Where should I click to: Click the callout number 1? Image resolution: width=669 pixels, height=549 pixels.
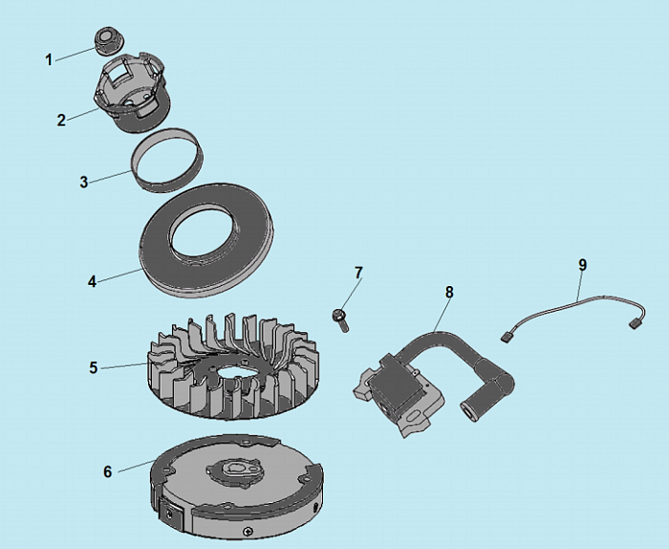click(x=49, y=59)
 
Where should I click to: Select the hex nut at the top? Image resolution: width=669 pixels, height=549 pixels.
click(x=105, y=41)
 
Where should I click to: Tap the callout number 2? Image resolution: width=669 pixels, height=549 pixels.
click(x=61, y=120)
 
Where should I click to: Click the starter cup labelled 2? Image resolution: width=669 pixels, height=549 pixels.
click(x=132, y=91)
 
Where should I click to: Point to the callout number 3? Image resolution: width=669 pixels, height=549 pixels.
click(x=84, y=182)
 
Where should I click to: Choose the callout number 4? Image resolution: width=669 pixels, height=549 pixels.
click(x=92, y=281)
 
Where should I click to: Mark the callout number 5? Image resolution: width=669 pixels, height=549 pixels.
click(x=94, y=367)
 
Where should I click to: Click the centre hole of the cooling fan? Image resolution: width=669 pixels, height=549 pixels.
click(x=235, y=371)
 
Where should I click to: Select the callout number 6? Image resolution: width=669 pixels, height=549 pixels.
click(x=107, y=472)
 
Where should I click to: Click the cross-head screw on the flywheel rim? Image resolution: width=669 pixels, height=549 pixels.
click(x=248, y=532)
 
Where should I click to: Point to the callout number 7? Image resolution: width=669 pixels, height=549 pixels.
click(x=358, y=273)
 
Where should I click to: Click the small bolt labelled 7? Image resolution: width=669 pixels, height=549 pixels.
click(x=340, y=320)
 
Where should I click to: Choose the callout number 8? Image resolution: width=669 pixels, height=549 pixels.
click(x=449, y=292)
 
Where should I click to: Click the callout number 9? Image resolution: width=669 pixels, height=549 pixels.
click(x=583, y=265)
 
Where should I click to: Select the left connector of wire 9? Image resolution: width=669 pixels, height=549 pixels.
click(x=506, y=338)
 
